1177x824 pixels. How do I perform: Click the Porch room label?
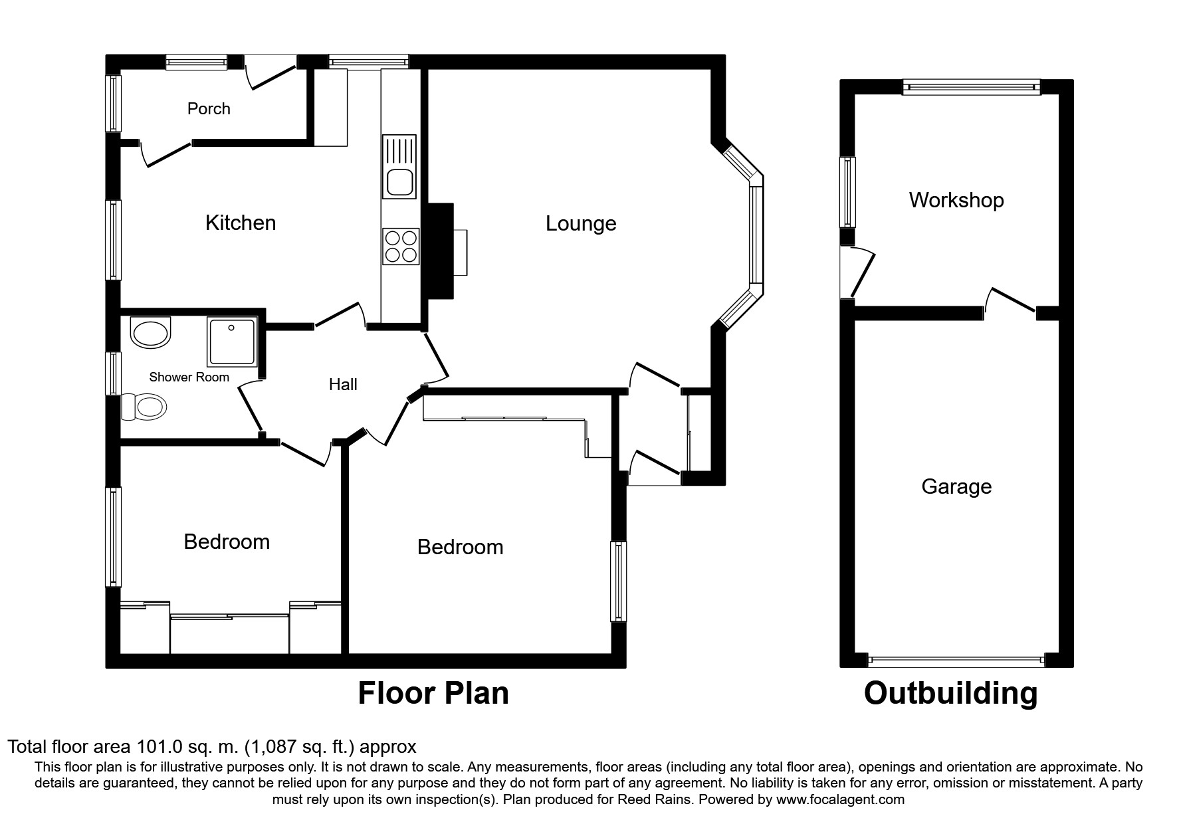tap(209, 109)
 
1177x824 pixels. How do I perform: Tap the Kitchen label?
tap(241, 223)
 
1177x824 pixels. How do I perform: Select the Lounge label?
tap(581, 224)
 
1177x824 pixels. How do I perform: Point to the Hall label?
tap(343, 384)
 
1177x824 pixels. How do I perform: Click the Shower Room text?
tap(189, 377)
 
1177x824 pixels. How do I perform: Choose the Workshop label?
tap(956, 200)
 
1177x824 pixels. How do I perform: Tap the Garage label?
tap(956, 487)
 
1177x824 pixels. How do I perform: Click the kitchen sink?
tap(399, 167)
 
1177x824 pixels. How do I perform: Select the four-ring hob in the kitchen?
tap(401, 247)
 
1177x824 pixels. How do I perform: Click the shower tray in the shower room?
tap(232, 342)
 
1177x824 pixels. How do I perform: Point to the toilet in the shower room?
tap(144, 407)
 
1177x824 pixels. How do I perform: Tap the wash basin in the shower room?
tap(151, 332)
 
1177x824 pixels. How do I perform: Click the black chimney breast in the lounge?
tap(439, 251)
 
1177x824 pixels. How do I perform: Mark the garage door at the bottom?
tap(956, 661)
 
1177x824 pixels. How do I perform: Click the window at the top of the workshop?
tap(971, 87)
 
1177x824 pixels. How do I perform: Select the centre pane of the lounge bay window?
tap(756, 235)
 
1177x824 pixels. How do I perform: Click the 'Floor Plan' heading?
tap(433, 693)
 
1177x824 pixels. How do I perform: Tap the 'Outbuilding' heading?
tap(950, 693)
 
